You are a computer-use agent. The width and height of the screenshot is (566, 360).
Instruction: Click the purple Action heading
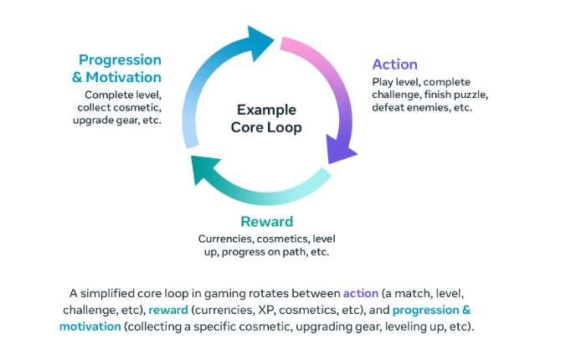394,64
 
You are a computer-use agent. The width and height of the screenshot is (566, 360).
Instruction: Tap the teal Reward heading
266,221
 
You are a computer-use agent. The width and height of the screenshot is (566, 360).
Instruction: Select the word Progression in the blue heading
120,60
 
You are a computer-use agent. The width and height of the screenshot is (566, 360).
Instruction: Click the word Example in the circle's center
267,109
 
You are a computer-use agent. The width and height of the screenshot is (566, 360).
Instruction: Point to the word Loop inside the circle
286,127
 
